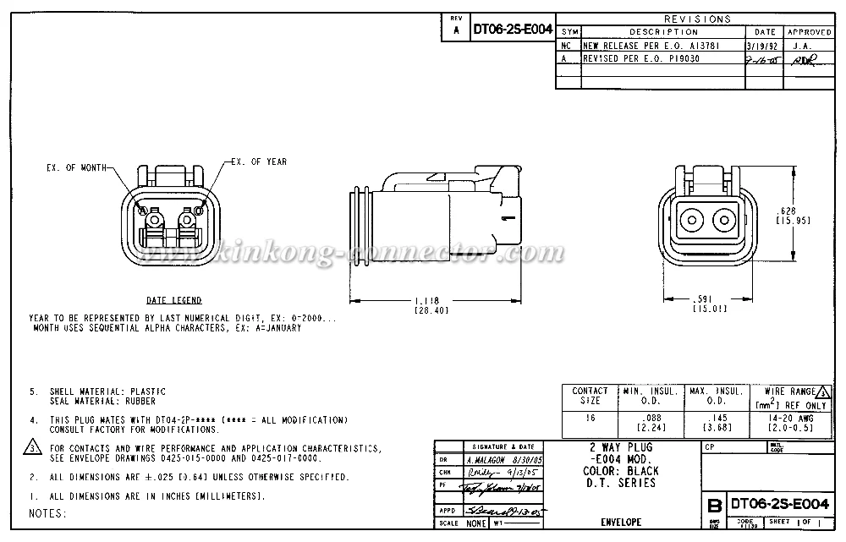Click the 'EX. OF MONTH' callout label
click(x=76, y=168)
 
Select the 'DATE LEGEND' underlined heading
click(x=173, y=300)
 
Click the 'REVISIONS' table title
click(x=697, y=19)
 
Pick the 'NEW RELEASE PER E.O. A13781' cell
click(x=639, y=47)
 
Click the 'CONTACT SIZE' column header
click(x=590, y=395)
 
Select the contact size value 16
click(x=590, y=418)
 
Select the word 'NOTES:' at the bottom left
click(x=47, y=513)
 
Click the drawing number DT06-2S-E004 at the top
click(x=513, y=29)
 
